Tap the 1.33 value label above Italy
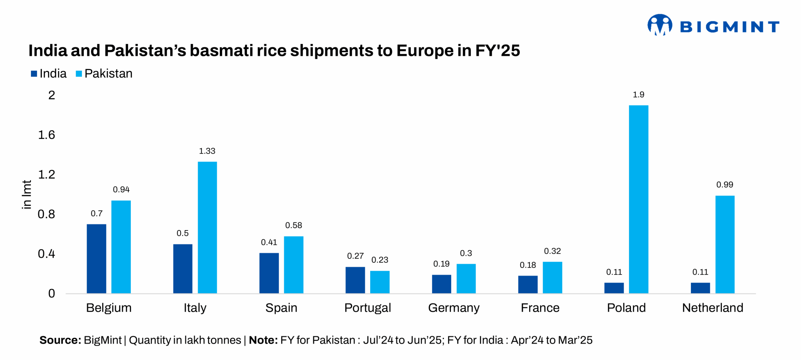[x=207, y=151]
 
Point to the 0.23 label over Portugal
[x=380, y=260]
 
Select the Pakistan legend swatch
[x=79, y=74]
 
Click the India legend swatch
[x=34, y=74]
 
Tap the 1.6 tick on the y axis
[x=46, y=135]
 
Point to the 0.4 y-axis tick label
[x=46, y=254]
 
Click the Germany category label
[x=453, y=308]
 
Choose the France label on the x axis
[x=540, y=308]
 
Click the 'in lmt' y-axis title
[x=27, y=194]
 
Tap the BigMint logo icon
[x=659, y=25]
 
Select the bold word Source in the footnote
[x=60, y=340]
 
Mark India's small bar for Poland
[x=614, y=288]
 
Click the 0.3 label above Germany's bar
[x=466, y=253]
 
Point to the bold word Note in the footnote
[x=263, y=340]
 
